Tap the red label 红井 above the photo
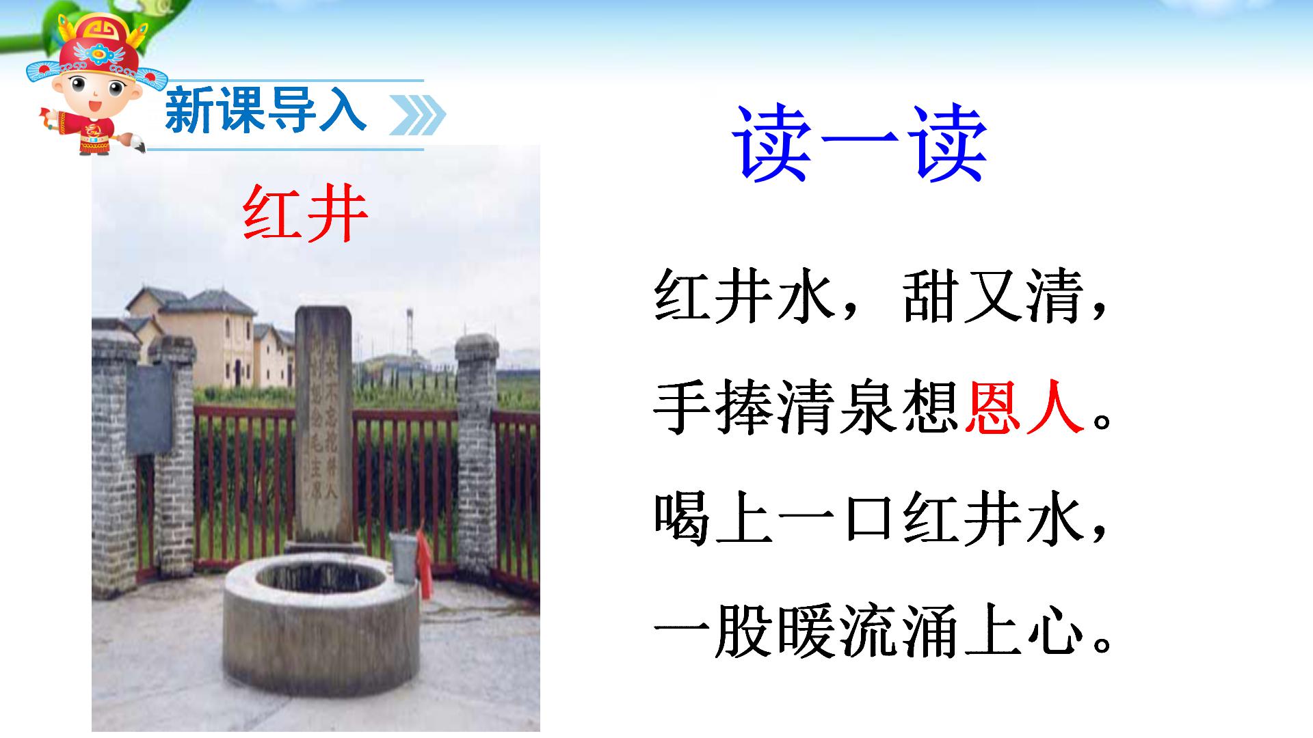(x=305, y=213)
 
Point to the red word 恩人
(x=1024, y=408)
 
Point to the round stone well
(x=320, y=618)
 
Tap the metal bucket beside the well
(x=403, y=557)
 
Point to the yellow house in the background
(x=198, y=335)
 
